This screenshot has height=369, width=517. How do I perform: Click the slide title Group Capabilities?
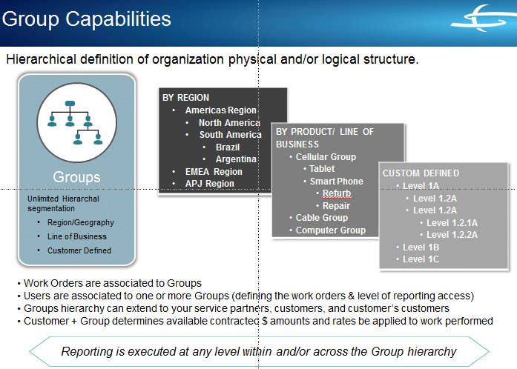tap(87, 19)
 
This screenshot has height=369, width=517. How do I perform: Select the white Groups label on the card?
tap(76, 177)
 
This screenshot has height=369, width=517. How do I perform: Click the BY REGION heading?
tap(186, 97)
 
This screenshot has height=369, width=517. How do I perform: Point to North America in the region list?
tap(229, 123)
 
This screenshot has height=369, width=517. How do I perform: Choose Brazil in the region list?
tap(228, 147)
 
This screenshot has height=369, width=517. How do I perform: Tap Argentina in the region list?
tap(236, 159)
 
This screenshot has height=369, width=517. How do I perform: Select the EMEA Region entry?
tap(214, 172)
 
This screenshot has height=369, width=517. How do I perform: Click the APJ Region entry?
tap(209, 184)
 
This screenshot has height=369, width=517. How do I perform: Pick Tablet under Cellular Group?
tap(322, 169)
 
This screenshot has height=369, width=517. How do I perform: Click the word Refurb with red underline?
tap(337, 193)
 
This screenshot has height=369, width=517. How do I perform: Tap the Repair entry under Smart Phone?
tap(336, 206)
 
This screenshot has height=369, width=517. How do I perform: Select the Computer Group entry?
tap(331, 230)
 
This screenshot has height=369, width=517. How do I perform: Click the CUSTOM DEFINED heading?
tap(421, 173)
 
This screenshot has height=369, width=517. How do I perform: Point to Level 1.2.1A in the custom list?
tap(452, 222)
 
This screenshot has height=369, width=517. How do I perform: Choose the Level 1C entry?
tap(421, 259)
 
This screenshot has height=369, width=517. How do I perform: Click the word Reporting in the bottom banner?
tap(90, 351)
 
